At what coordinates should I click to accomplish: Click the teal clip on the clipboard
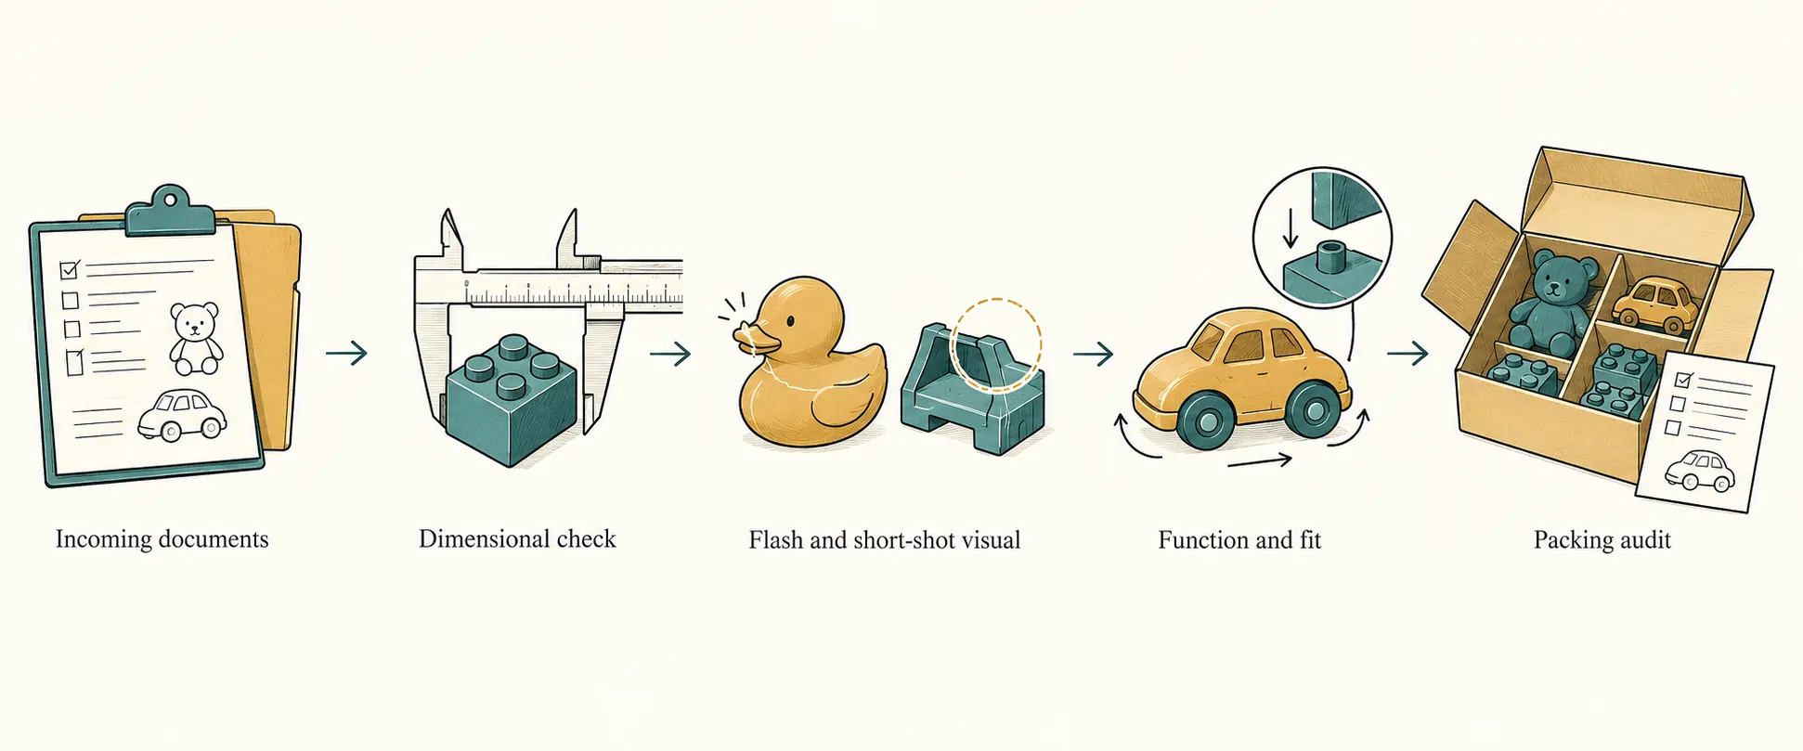[170, 211]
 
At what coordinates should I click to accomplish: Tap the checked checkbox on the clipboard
[70, 269]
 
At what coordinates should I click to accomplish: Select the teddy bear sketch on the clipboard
[195, 337]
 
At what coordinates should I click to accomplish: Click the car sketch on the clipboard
[182, 414]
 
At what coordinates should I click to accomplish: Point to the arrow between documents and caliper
[346, 353]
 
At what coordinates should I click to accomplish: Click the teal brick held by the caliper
[510, 399]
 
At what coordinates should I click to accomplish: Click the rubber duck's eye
[789, 321]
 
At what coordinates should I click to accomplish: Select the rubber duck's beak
[754, 337]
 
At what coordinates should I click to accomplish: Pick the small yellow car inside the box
[1654, 304]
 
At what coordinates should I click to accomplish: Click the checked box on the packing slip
[1682, 380]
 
